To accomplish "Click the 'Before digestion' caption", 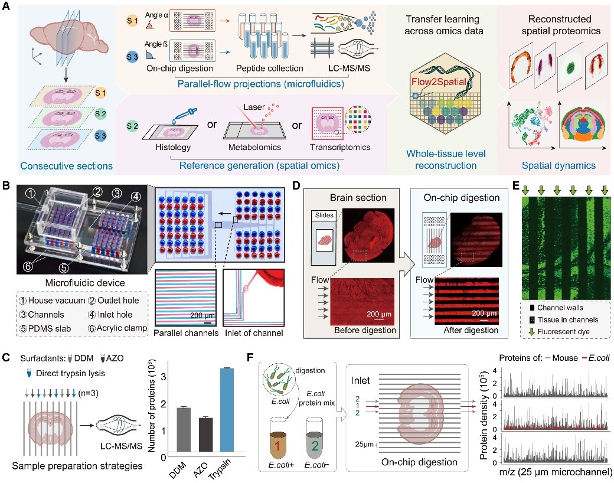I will (360, 329).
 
